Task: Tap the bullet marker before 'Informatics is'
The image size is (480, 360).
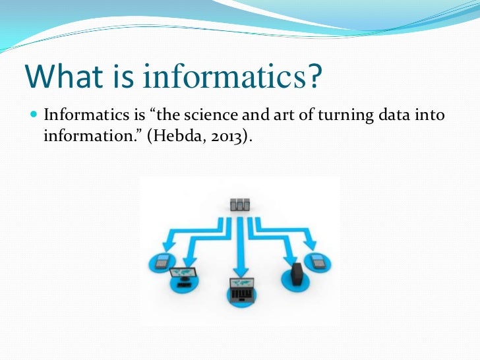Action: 35,117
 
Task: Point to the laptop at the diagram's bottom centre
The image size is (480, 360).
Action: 240,288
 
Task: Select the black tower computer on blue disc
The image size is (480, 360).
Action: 296,272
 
